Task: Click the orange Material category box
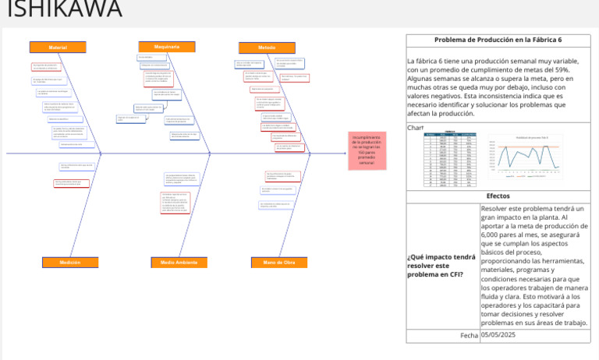[x=58, y=48]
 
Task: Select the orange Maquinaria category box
[x=167, y=47]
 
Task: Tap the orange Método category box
[x=267, y=48]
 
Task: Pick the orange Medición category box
[x=70, y=263]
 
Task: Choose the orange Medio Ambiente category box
[x=179, y=263]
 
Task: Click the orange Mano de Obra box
[x=279, y=263]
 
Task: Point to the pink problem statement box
[x=367, y=150]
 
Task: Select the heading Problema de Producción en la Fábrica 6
[x=498, y=40]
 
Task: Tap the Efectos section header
[x=498, y=196]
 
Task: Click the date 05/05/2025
[x=499, y=335]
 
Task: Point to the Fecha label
[x=469, y=335]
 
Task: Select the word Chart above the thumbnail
[x=415, y=127]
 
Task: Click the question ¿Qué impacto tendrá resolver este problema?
[x=441, y=266]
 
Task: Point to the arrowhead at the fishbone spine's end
[x=343, y=154]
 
